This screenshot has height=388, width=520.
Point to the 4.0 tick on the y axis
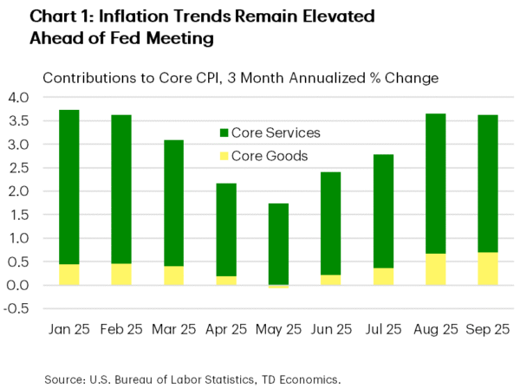pyautogui.click(x=18, y=97)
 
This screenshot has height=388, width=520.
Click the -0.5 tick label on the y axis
pyautogui.click(x=16, y=309)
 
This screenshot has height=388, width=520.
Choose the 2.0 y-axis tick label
pyautogui.click(x=18, y=191)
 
